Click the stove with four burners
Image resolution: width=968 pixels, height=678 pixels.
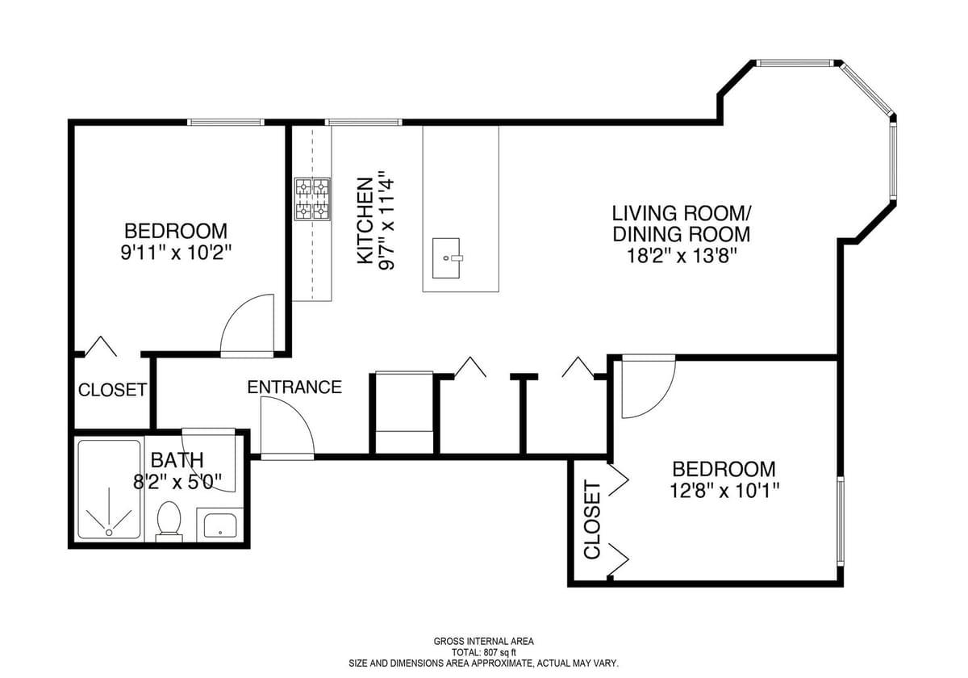313,199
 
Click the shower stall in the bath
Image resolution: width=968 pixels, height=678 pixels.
108,489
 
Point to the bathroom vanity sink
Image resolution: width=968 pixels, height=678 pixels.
219,525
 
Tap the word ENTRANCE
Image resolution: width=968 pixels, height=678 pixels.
294,387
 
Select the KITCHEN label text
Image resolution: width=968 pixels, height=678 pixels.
365,220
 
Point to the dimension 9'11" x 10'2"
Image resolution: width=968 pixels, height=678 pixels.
176,252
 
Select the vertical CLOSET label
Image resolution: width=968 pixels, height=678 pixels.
592,520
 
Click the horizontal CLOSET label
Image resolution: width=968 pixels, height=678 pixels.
112,391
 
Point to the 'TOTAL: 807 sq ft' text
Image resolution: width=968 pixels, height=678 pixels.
483,651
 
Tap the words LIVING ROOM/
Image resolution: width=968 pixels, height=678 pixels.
682,214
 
